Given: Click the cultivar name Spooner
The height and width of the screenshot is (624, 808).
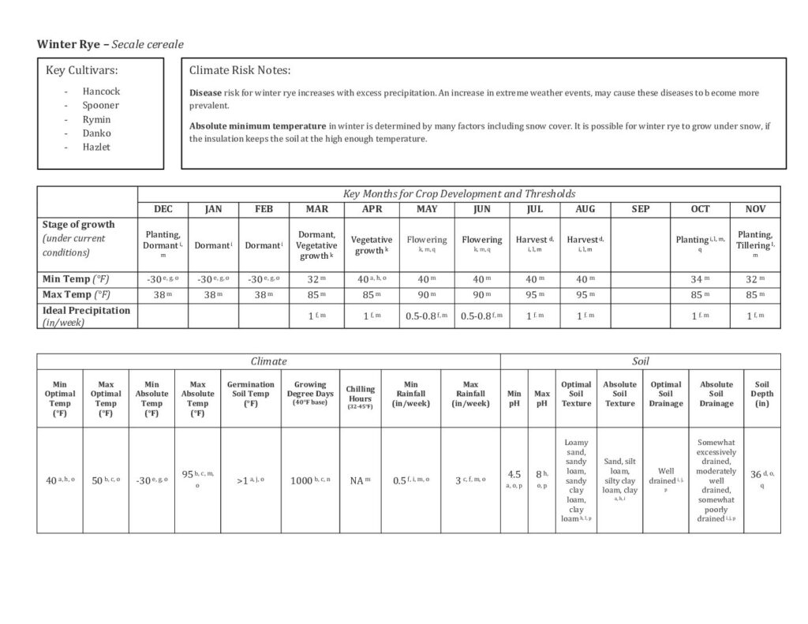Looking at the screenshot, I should (100, 106).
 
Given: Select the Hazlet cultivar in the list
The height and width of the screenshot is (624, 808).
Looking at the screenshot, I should (96, 147).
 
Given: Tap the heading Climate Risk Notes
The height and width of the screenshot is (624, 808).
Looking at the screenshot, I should (240, 70).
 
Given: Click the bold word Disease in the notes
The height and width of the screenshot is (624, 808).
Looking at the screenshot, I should (205, 93).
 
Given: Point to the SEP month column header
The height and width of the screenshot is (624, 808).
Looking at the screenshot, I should (641, 209).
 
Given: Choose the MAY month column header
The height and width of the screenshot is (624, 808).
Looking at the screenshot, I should (427, 209).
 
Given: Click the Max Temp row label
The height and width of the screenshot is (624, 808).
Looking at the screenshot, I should (77, 295).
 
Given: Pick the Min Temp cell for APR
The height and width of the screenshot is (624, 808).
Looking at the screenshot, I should (372, 278).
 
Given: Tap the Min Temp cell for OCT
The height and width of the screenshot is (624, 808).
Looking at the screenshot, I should (700, 278).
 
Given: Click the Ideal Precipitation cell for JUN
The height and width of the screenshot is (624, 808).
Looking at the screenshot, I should (481, 316).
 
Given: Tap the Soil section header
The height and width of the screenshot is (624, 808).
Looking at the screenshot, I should (640, 361).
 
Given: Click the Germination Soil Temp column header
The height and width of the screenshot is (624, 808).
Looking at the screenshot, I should (251, 394).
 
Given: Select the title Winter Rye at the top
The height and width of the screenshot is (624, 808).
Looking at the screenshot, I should (69, 44).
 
